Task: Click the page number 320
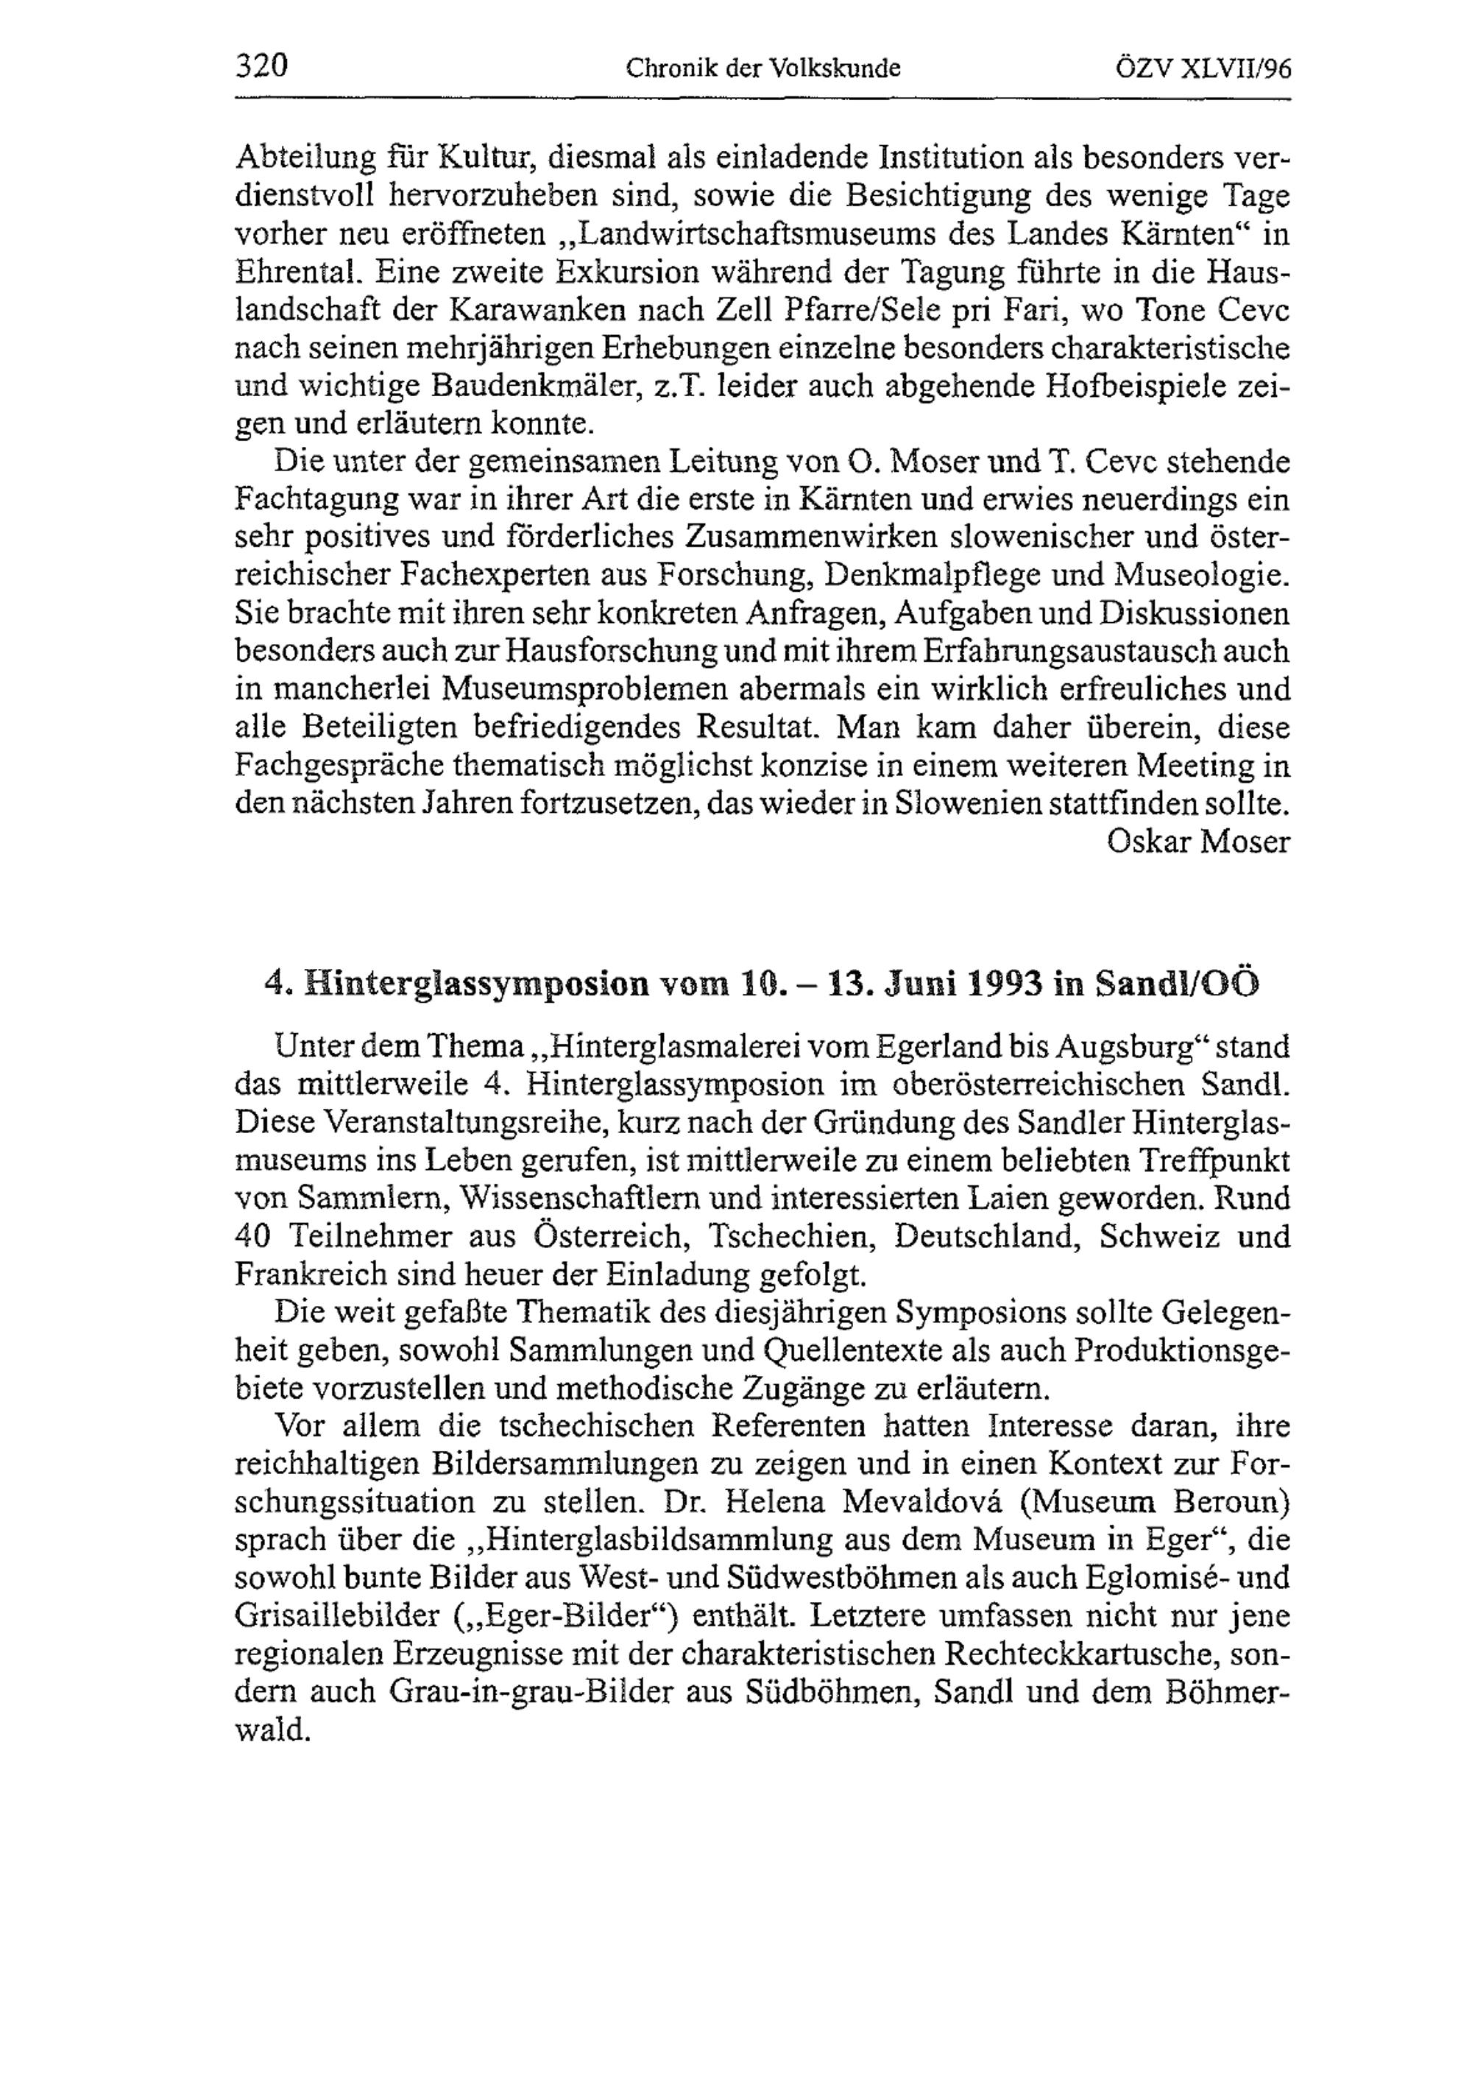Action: (261, 66)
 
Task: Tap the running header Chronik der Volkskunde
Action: (763, 68)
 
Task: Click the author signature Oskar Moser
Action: (1198, 842)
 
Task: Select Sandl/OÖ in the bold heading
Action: (1178, 984)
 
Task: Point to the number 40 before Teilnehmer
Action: (254, 1237)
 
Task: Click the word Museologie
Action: (1200, 576)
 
